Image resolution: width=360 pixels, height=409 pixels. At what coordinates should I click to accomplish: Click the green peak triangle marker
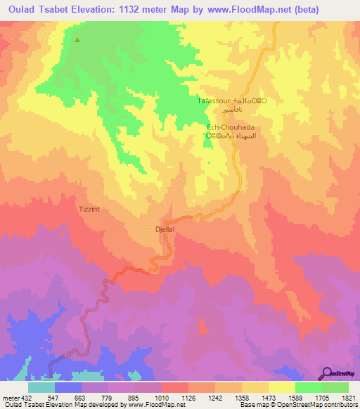(77, 39)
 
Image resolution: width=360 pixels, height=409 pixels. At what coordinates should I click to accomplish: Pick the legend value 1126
(188, 397)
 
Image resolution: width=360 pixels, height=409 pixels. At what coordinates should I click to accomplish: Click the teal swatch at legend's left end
(41, 387)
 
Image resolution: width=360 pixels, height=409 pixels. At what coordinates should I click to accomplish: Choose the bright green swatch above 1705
(309, 387)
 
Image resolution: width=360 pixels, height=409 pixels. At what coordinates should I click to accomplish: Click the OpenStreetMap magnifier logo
(325, 373)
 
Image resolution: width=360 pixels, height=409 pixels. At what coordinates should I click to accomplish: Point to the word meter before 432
(11, 397)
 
